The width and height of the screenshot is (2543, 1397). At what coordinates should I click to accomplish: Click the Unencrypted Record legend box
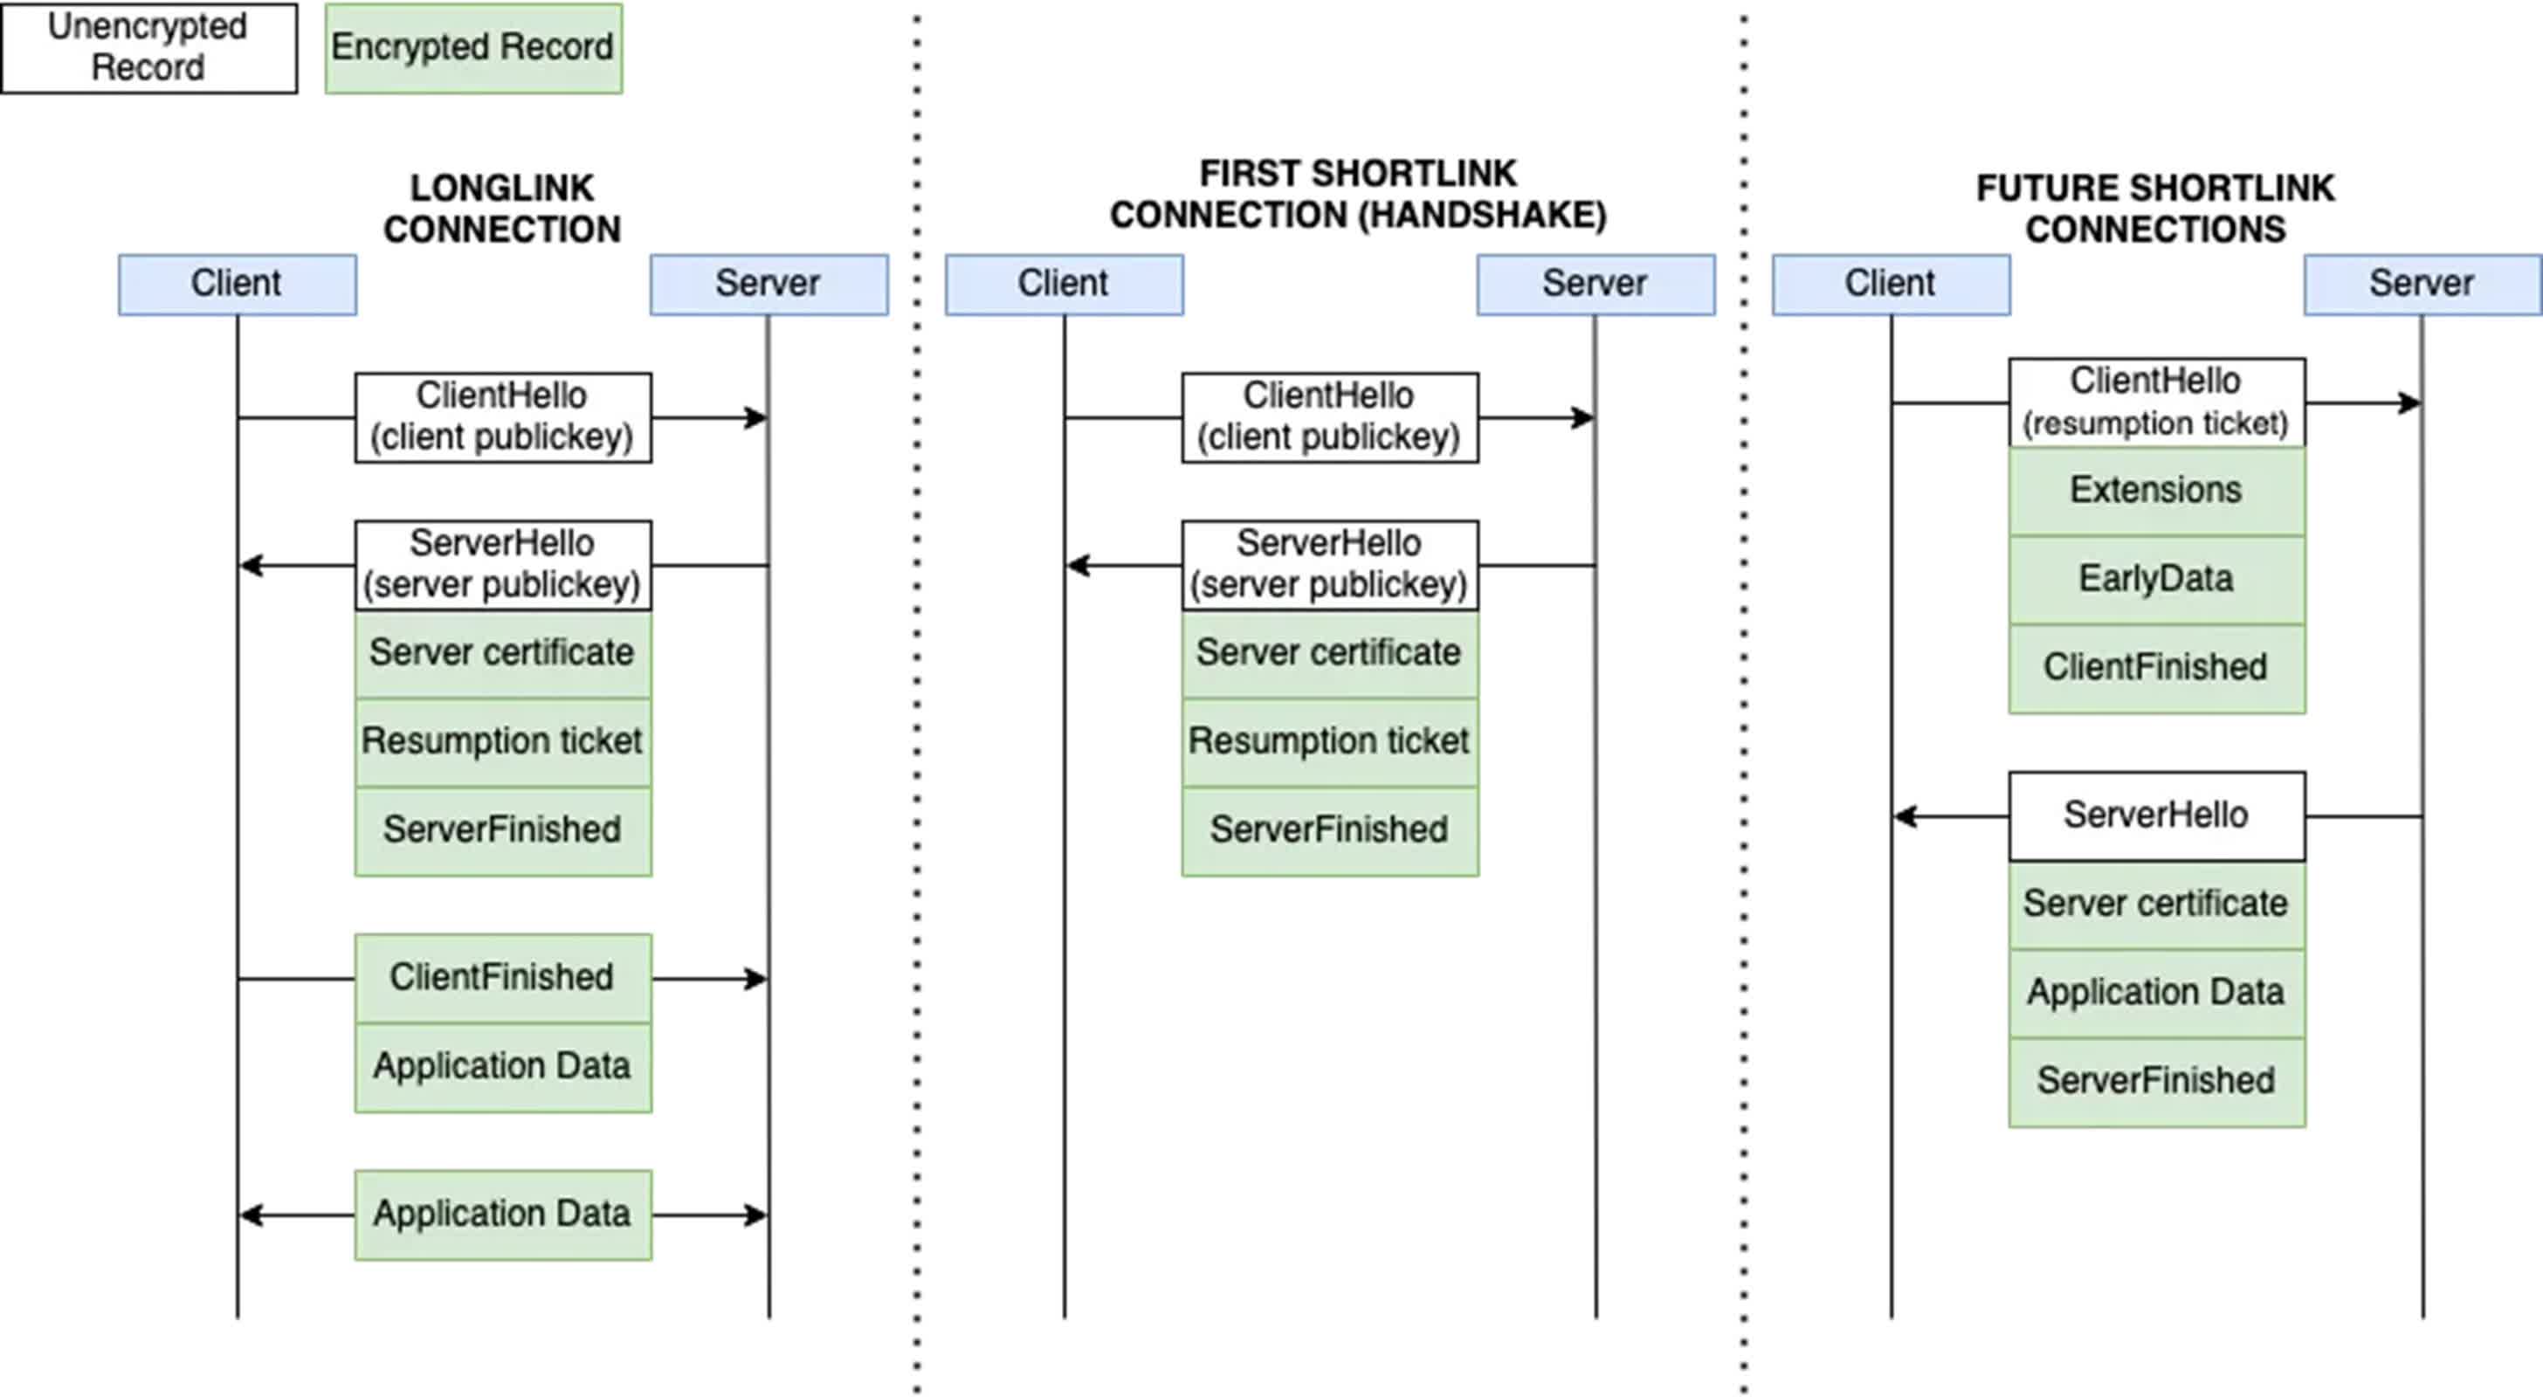[x=148, y=47]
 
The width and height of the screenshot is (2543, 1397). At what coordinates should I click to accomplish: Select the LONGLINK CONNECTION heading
[x=501, y=209]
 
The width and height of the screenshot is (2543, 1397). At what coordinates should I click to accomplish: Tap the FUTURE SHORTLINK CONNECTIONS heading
[x=2155, y=209]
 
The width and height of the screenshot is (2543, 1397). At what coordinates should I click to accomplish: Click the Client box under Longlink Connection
[x=237, y=285]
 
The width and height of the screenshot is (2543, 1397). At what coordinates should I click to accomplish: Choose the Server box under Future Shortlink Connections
[x=2421, y=285]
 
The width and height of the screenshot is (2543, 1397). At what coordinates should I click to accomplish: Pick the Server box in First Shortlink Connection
[x=1595, y=285]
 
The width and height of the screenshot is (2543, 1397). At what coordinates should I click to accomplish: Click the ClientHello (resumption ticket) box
[x=2156, y=402]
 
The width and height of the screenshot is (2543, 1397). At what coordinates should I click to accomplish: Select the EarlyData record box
[x=2156, y=580]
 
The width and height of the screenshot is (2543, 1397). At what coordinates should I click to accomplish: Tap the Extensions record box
[x=2156, y=491]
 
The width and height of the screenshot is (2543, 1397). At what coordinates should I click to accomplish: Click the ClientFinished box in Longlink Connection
[x=501, y=977]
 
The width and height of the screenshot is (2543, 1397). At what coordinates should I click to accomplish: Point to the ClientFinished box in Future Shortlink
[x=2156, y=667]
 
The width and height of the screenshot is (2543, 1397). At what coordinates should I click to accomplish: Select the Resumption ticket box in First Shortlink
[x=1329, y=741]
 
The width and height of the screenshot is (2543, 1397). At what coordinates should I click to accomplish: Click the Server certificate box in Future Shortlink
[x=2156, y=904]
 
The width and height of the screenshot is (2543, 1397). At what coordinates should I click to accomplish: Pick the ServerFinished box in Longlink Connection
[x=501, y=830]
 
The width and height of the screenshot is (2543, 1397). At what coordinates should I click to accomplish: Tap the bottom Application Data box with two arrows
[x=501, y=1214]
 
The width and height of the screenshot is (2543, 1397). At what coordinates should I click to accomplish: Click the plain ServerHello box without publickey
[x=2156, y=815]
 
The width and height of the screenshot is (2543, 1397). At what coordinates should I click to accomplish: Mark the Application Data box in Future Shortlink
[x=2156, y=992]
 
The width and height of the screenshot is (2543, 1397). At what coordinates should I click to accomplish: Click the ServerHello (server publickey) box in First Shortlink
[x=1329, y=564]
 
